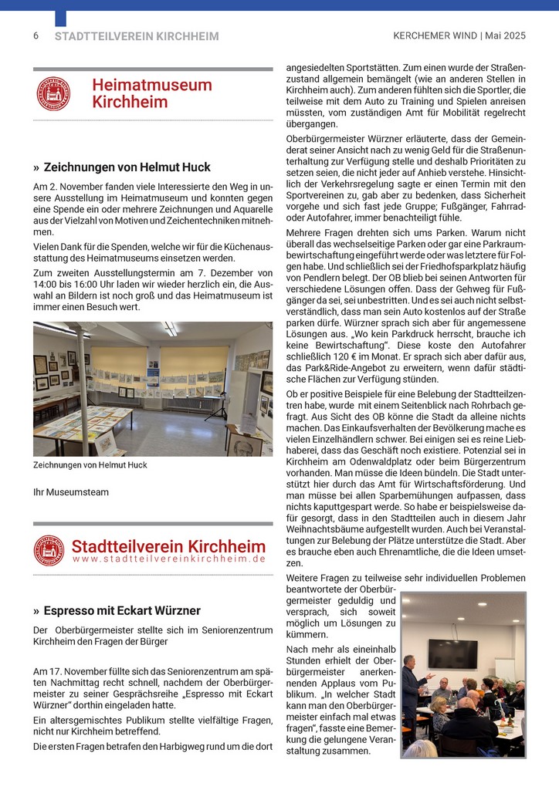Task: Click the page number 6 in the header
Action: point(36,36)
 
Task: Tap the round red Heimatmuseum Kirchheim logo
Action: point(53,94)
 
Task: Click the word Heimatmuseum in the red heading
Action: point(151,86)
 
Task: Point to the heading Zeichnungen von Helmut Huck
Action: point(127,167)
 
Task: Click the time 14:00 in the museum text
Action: point(46,284)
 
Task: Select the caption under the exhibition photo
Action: point(90,465)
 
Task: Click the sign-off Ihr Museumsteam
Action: point(71,491)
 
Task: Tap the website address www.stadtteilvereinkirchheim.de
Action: point(169,558)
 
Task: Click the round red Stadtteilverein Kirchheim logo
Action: point(49,550)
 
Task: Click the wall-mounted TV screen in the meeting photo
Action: point(452,653)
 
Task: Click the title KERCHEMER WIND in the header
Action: point(435,36)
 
